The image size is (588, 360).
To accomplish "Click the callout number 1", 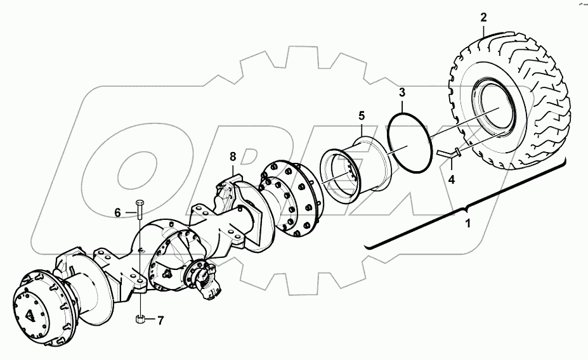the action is tap(468, 224).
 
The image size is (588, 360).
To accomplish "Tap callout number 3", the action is tap(402, 93).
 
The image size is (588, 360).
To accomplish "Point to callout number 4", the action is tap(451, 179).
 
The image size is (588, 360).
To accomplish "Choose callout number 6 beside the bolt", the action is tap(118, 213).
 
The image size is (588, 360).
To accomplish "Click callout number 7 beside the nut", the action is tap(161, 321).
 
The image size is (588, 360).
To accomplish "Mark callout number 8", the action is tap(232, 155).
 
